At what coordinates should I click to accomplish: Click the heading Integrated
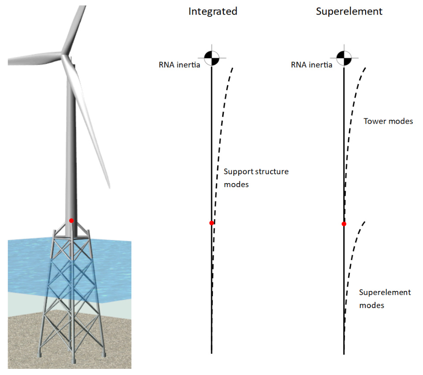(213, 11)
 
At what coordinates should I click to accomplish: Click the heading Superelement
(349, 11)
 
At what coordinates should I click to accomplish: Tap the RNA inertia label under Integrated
(180, 65)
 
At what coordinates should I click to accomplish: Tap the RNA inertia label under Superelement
(312, 65)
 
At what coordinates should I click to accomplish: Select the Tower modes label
(388, 121)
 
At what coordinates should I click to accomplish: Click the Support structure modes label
(256, 178)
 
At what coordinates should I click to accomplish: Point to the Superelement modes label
(385, 298)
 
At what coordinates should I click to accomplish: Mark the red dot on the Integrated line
(211, 223)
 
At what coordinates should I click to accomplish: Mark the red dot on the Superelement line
(344, 224)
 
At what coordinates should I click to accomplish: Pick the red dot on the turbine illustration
(71, 221)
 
